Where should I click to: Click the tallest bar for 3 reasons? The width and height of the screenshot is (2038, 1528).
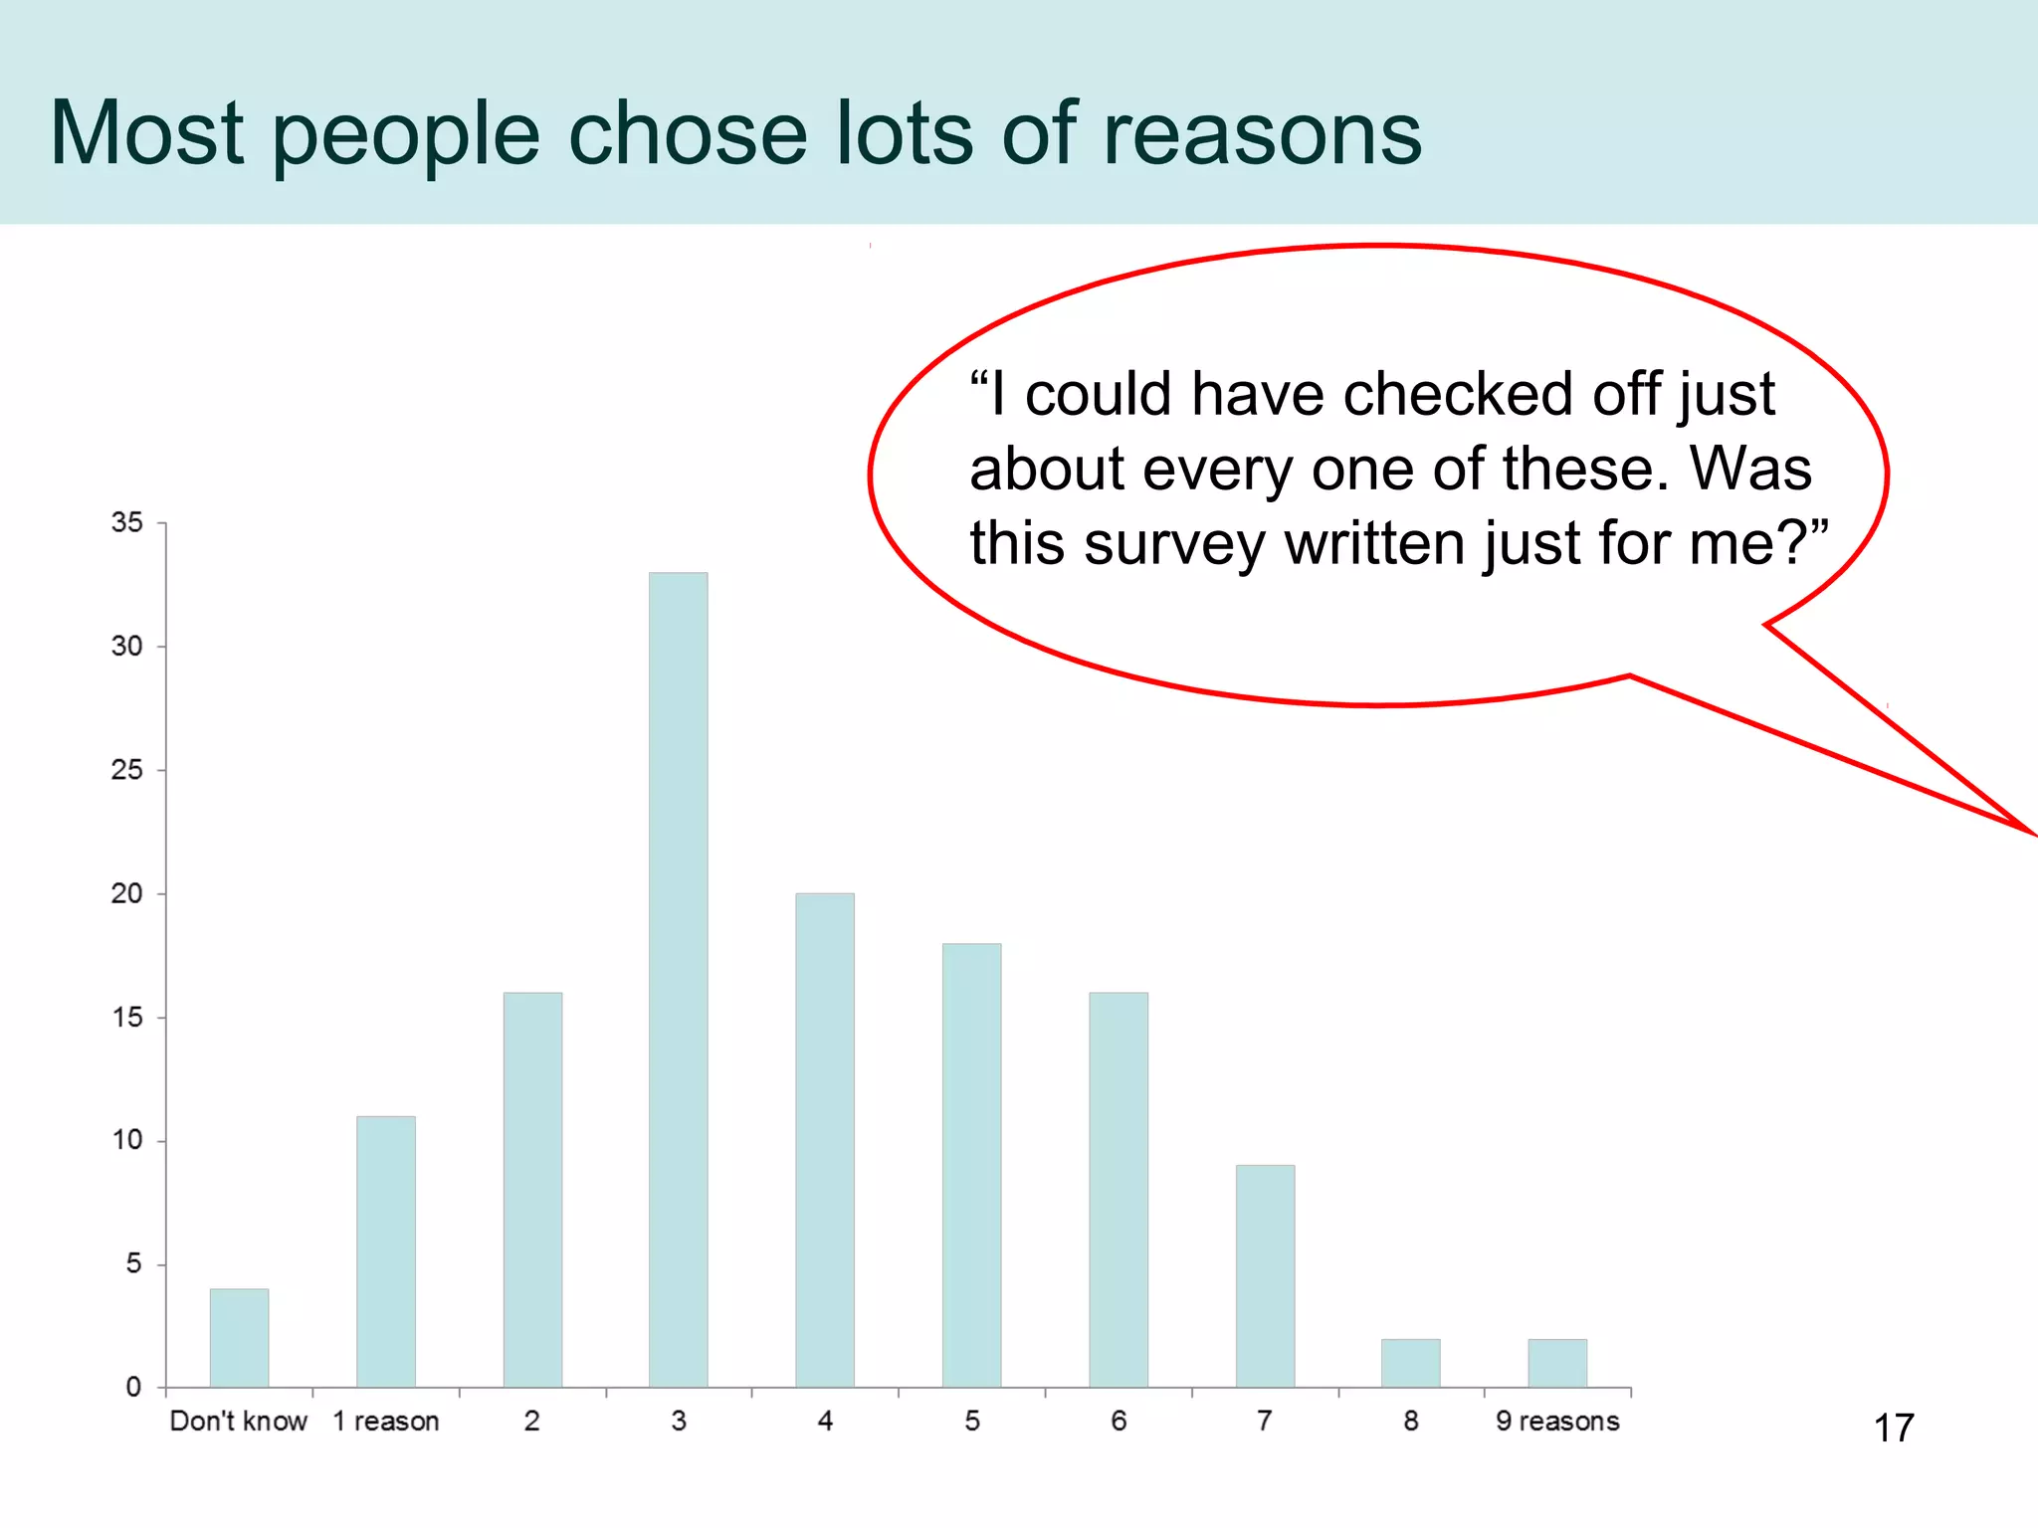(x=679, y=980)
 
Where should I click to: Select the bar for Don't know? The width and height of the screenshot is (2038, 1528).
(x=239, y=1338)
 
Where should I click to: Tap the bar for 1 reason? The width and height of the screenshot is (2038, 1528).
(x=386, y=1251)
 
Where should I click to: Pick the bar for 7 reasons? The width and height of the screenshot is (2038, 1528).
(x=1265, y=1276)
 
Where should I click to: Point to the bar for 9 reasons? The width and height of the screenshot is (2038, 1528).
(x=1557, y=1363)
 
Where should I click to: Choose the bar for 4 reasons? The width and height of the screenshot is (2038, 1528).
(x=825, y=1140)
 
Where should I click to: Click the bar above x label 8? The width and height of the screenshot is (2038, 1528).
(x=1410, y=1363)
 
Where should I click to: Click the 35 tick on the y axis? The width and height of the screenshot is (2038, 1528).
(x=127, y=522)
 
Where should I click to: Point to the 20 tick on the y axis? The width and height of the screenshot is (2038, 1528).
(x=127, y=893)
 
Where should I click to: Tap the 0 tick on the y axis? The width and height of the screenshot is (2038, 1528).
(x=133, y=1387)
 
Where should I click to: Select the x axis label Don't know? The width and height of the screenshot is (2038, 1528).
(x=239, y=1421)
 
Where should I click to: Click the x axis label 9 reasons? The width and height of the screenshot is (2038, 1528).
(x=1557, y=1421)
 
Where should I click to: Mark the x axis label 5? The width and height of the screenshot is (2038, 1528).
(x=972, y=1421)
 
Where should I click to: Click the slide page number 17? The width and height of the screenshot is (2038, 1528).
(x=1894, y=1429)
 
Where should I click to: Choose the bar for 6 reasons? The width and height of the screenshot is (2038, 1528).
(x=1119, y=1190)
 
